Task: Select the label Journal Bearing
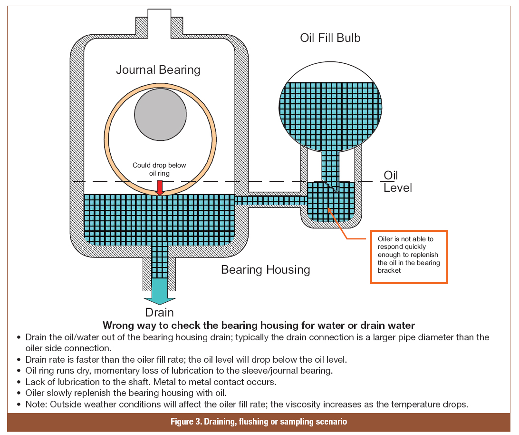(x=158, y=70)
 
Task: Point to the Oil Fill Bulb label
(x=330, y=38)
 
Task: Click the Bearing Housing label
(x=265, y=270)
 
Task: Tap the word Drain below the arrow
(x=159, y=313)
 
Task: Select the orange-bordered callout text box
(x=409, y=257)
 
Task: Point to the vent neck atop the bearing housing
(x=159, y=19)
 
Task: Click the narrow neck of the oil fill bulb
(x=331, y=164)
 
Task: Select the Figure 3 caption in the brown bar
(x=259, y=422)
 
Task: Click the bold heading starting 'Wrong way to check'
(x=259, y=326)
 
